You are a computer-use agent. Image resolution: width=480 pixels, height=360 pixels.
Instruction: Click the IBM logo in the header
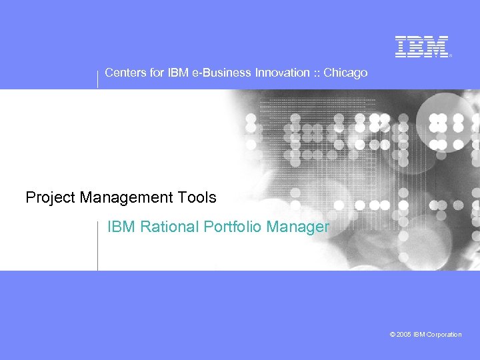(422, 46)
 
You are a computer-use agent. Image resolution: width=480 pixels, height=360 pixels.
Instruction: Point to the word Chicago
(345, 73)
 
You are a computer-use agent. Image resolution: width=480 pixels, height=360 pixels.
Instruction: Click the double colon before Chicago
(316, 73)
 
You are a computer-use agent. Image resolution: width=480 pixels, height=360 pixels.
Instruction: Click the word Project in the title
(51, 198)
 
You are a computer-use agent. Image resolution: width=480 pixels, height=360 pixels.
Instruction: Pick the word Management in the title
(127, 198)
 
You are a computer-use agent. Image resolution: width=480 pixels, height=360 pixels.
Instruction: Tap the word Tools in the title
(197, 198)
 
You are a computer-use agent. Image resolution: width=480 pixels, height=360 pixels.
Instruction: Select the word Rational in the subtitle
(167, 227)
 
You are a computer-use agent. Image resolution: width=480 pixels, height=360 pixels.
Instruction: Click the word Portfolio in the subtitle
(233, 227)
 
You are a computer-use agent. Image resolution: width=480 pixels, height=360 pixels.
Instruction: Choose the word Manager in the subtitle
(297, 227)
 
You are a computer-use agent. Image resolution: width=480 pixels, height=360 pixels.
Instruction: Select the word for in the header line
(156, 73)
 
